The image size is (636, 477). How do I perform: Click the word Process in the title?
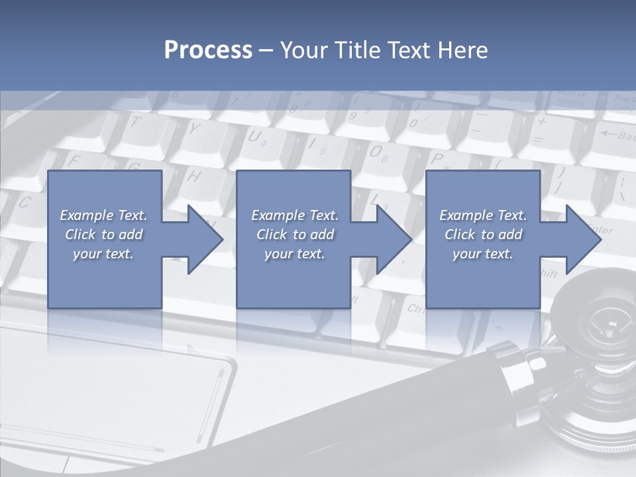(x=208, y=50)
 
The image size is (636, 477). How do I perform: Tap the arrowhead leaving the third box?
(x=583, y=239)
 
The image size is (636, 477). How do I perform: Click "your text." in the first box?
(x=103, y=253)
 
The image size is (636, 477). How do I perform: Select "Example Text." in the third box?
(x=482, y=215)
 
